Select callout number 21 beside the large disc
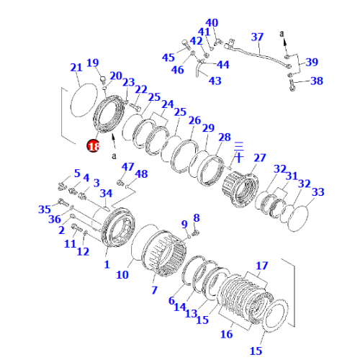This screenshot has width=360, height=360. [x=76, y=68]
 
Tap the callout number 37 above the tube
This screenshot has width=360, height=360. [x=257, y=37]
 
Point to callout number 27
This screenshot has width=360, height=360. [x=259, y=158]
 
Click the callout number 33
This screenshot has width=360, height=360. [x=318, y=192]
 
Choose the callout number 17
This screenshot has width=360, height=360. [x=261, y=266]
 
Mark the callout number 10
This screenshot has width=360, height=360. [x=122, y=274]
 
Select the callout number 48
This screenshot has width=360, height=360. [x=141, y=174]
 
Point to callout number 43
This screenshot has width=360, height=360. [x=215, y=81]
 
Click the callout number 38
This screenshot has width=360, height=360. [x=317, y=81]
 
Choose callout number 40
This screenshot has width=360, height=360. [x=211, y=23]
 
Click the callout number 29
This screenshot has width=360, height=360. [x=209, y=127]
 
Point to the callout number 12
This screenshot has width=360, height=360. [x=84, y=251]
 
